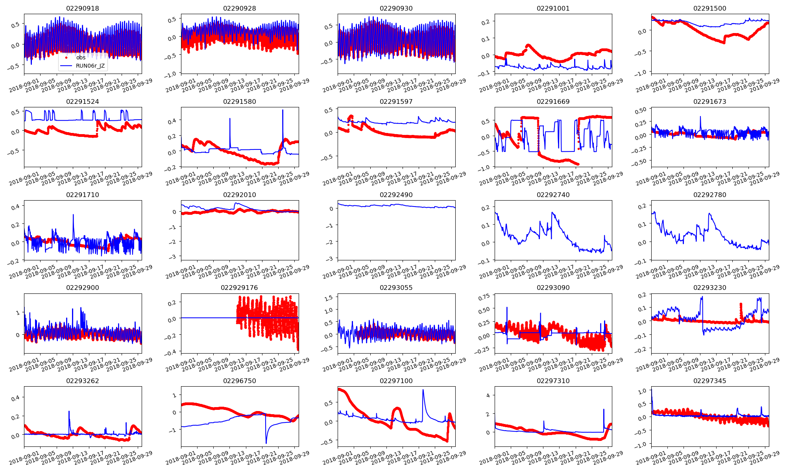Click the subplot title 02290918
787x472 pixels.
82,8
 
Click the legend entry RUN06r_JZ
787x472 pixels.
90,66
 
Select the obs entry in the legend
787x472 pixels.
81,57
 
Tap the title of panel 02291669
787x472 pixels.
553,101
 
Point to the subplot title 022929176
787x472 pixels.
239,288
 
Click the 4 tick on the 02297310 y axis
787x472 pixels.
488,395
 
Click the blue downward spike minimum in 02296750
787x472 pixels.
266,443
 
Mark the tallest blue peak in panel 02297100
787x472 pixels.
423,390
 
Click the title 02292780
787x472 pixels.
709,195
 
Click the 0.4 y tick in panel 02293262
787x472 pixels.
15,398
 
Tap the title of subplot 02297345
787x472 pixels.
709,381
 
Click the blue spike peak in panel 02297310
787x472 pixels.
604,409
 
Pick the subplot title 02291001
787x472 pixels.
553,8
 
